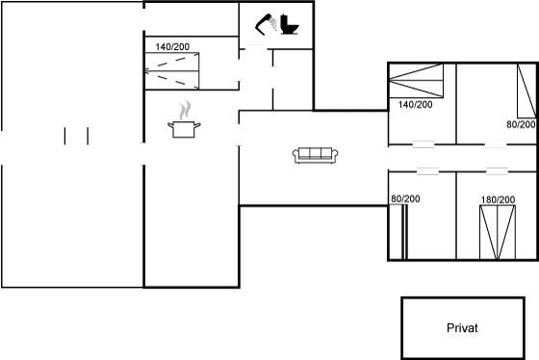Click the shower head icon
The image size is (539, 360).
(266, 24)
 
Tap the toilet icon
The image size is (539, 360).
(290, 24)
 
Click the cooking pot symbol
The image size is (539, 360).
(184, 129)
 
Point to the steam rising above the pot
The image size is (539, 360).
(185, 110)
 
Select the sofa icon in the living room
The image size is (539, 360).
(316, 155)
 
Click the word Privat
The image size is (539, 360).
(462, 327)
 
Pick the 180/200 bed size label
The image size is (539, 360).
(498, 199)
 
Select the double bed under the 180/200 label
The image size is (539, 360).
(498, 232)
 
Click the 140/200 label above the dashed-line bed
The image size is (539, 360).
(172, 47)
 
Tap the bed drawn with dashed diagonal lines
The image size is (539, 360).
(172, 71)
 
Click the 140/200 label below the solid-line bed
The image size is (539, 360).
(415, 105)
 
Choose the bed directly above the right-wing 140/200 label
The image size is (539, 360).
(416, 81)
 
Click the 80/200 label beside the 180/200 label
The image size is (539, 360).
(405, 198)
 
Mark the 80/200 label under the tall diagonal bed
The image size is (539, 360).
(521, 124)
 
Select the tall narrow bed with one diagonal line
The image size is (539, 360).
(526, 90)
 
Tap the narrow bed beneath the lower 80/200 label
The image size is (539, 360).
(404, 232)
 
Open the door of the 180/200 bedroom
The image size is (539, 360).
(497, 171)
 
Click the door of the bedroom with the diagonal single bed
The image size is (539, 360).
(496, 144)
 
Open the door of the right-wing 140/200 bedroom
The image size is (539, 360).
(423, 144)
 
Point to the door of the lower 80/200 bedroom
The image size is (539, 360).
(427, 171)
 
